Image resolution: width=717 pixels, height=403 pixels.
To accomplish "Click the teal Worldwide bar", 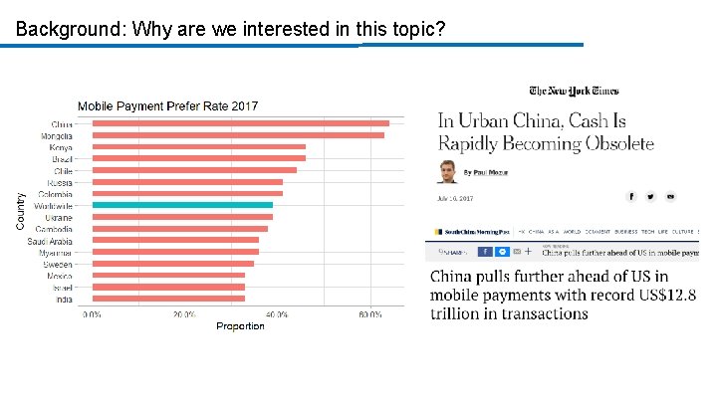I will pos(182,205).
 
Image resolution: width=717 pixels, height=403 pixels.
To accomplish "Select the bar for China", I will pos(240,123).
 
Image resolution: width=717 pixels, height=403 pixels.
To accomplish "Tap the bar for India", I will pos(168,298).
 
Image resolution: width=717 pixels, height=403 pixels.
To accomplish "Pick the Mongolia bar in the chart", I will pos(238,135).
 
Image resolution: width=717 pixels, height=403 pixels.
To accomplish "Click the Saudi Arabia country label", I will pos(50,240).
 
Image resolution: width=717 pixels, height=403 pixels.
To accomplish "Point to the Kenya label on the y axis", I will pos(61,147).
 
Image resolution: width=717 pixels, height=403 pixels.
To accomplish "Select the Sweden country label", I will pos(58,263).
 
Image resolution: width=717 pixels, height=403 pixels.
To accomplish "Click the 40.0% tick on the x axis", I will pos(276,314).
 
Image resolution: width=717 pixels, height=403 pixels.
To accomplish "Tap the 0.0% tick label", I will pos(92,314).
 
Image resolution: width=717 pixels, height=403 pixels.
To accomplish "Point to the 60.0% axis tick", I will pos(369,314).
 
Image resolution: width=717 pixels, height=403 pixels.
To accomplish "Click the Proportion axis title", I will pos(240,326).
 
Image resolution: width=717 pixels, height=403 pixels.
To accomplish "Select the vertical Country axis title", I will pos(21,211).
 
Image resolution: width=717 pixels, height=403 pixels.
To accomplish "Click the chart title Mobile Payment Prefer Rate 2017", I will pos(167,105).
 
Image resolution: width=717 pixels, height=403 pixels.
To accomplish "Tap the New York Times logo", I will pos(574,92).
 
